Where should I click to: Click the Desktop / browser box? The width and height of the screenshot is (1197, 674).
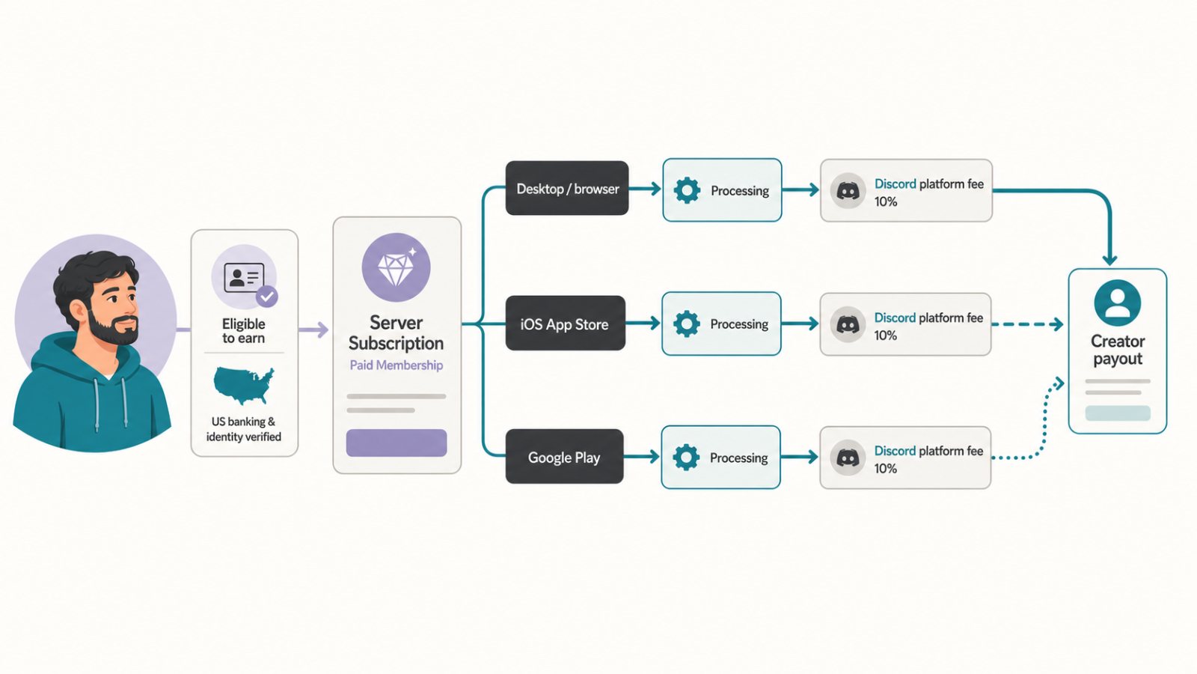[x=567, y=188]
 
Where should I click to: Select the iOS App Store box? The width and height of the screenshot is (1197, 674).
[x=566, y=323]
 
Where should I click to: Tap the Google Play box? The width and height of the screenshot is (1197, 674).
[x=564, y=456]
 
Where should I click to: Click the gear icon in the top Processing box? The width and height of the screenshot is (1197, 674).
[x=688, y=190]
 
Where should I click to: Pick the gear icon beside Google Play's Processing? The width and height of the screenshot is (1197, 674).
[x=686, y=458]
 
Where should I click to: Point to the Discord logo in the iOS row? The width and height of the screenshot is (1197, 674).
[x=848, y=324]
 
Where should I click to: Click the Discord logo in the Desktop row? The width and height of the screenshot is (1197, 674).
[x=848, y=190]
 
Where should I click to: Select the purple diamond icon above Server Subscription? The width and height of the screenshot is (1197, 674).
[x=396, y=267]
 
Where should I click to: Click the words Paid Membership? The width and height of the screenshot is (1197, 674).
[x=396, y=365]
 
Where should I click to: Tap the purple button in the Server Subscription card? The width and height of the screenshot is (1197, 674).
[x=397, y=443]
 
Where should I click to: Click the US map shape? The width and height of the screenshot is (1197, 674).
[x=244, y=385]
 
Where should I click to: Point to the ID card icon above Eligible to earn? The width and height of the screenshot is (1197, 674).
[x=244, y=277]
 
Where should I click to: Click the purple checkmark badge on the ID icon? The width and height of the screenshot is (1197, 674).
[x=266, y=297]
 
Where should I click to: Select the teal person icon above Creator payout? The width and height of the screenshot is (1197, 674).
[x=1118, y=303]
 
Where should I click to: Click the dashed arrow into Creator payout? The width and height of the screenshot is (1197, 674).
[x=1028, y=324]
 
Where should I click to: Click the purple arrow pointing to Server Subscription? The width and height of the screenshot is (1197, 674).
[x=313, y=330]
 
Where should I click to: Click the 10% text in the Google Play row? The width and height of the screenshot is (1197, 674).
[x=886, y=469]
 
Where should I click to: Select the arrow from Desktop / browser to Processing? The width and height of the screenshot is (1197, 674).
[x=645, y=188]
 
